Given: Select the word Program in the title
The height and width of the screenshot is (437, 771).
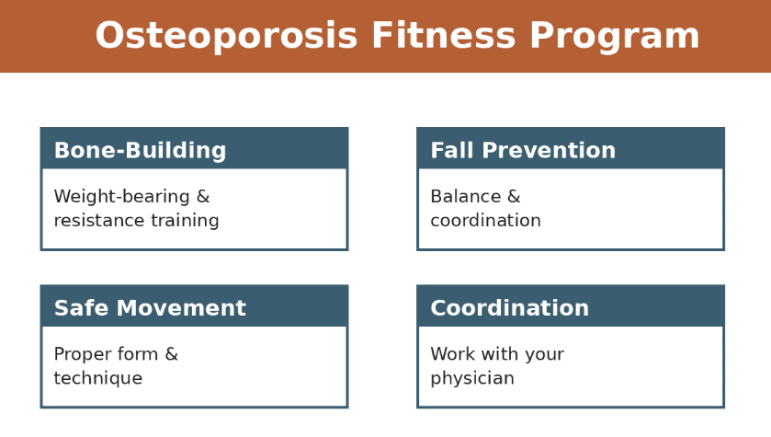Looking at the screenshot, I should [614, 37].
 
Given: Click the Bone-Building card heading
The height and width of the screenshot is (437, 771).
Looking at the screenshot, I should [140, 151].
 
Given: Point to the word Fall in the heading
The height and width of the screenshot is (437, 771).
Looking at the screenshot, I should [451, 151].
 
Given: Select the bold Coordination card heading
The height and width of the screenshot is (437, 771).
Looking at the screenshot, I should [509, 309].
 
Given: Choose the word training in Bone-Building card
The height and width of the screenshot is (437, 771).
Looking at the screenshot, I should [186, 221].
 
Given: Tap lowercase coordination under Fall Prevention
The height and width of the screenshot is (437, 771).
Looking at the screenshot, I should [485, 221].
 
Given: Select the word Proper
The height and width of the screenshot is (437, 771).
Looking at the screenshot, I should [81, 355].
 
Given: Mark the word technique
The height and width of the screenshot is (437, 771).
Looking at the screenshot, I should [97, 379].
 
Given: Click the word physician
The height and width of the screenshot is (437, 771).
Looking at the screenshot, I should [471, 379].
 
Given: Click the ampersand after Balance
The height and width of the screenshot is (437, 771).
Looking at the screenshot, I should [514, 197].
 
